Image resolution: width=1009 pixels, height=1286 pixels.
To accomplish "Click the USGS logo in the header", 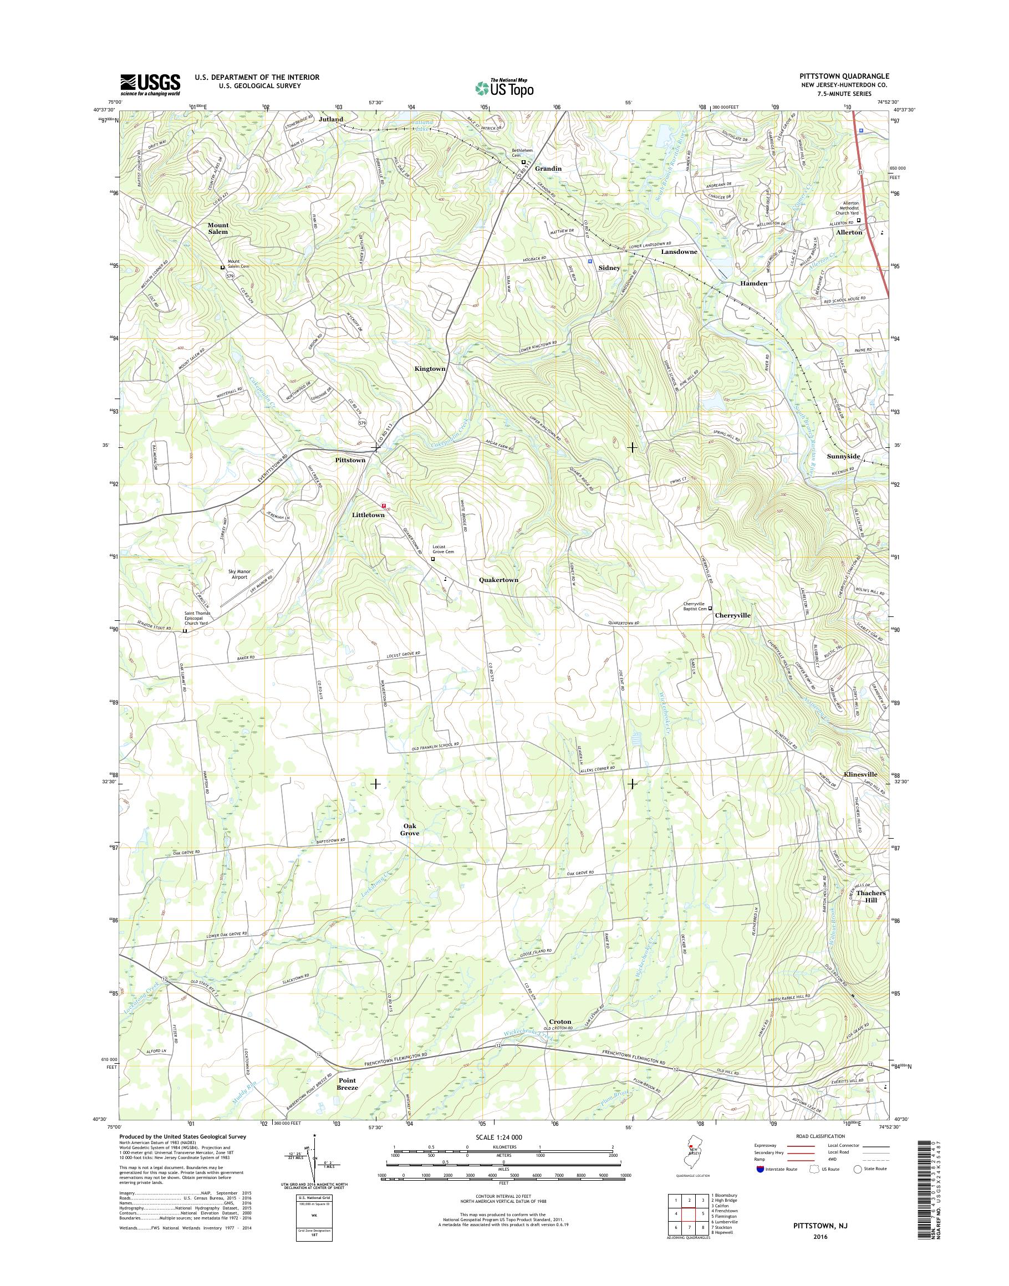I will click(x=150, y=84).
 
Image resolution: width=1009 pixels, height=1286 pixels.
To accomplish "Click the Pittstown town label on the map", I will click(x=350, y=460).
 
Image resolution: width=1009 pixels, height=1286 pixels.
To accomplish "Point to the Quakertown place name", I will click(x=498, y=580).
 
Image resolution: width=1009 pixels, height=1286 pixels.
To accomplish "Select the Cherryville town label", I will click(x=732, y=615).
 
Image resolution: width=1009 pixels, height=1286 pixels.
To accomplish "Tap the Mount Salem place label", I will click(x=218, y=228).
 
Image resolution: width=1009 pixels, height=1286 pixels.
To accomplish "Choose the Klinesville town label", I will click(x=861, y=774).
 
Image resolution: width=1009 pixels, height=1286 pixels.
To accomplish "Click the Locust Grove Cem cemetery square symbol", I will click(x=432, y=558).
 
